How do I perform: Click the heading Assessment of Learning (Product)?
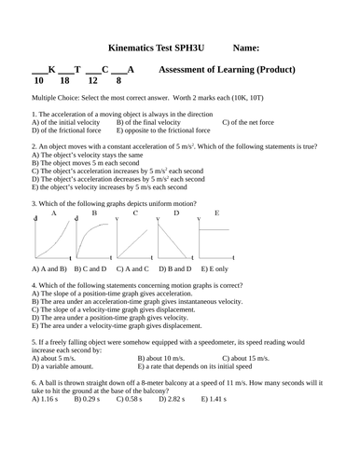228,69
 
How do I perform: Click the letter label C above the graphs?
136,213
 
